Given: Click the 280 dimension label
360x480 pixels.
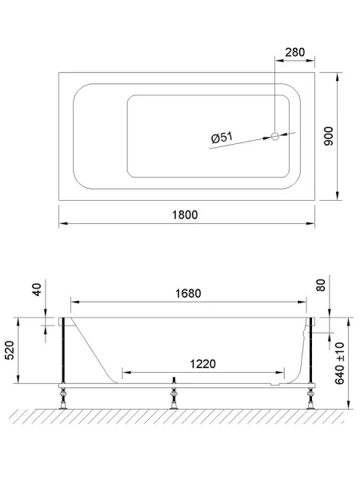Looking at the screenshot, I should click(x=294, y=53).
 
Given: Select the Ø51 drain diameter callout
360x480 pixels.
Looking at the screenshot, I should click(x=222, y=139).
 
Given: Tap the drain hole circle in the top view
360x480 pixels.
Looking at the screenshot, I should click(x=276, y=137).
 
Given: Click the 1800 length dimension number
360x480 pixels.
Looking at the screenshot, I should click(x=184, y=214).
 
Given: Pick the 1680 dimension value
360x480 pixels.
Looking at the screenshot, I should click(x=189, y=293).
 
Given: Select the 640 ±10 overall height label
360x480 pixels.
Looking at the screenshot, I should click(x=341, y=362).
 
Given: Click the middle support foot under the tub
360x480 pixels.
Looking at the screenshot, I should click(x=174, y=394).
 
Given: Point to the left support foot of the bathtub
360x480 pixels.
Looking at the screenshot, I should click(x=62, y=394).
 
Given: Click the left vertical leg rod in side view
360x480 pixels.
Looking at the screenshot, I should click(x=61, y=352).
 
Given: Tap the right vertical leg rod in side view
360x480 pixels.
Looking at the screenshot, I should click(x=310, y=352).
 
